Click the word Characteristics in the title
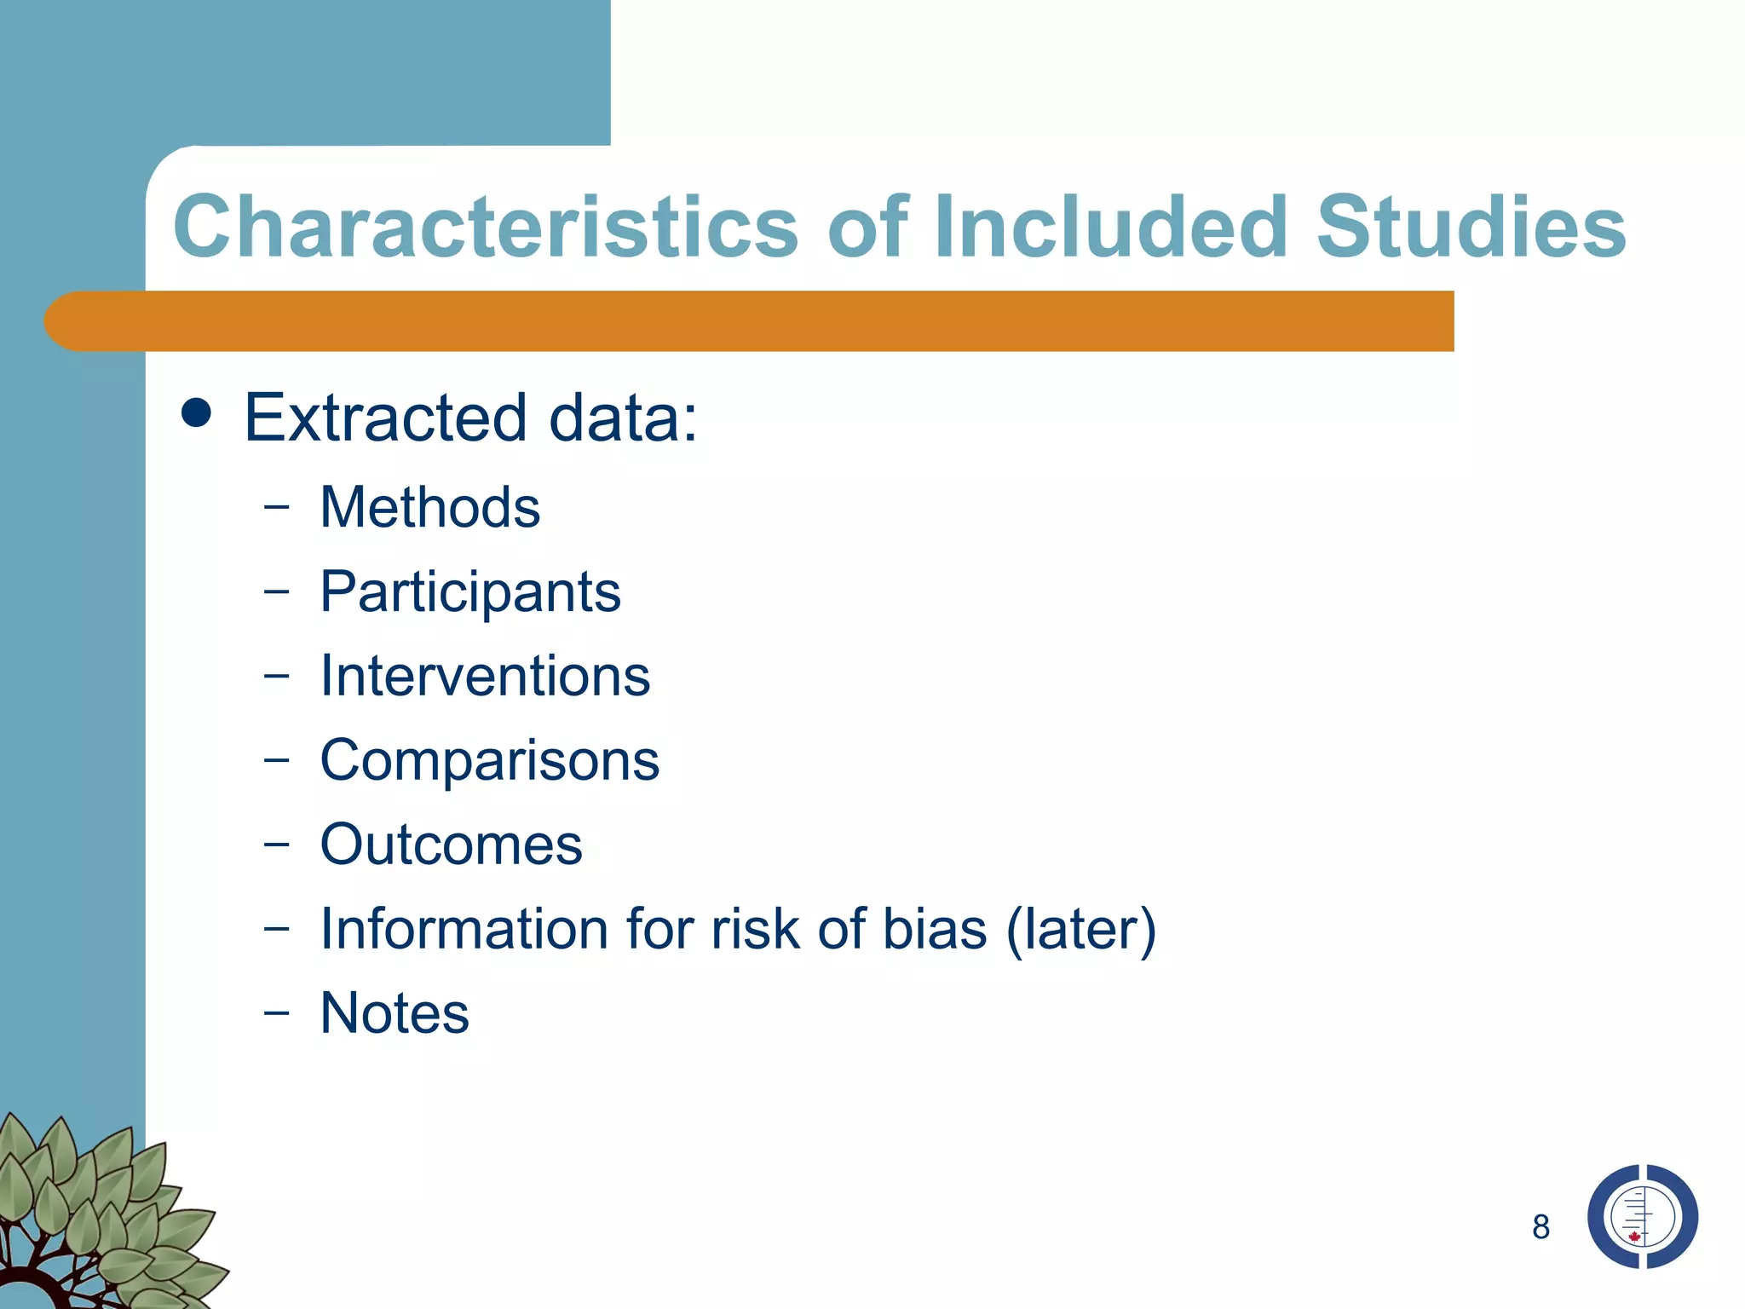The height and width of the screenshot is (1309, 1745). (x=486, y=227)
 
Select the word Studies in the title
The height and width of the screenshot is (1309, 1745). (x=1471, y=227)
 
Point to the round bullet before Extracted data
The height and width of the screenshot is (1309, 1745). (x=197, y=414)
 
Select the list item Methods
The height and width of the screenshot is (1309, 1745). (x=429, y=507)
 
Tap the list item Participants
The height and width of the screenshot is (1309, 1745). (x=470, y=592)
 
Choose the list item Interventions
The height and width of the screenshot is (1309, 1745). (x=485, y=676)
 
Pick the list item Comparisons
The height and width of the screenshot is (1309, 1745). (x=489, y=759)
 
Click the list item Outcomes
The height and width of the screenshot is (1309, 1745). (x=451, y=845)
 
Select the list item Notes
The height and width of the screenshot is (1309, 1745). (x=394, y=1013)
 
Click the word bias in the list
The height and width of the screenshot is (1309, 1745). (x=934, y=928)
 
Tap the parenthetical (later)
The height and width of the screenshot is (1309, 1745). (x=1081, y=929)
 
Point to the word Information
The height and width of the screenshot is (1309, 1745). (x=464, y=928)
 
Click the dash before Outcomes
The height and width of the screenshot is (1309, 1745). (x=276, y=845)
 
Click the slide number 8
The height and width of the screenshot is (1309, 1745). (x=1541, y=1227)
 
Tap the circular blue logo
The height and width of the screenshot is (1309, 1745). (x=1642, y=1217)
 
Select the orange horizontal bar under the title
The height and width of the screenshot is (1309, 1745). (x=750, y=321)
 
